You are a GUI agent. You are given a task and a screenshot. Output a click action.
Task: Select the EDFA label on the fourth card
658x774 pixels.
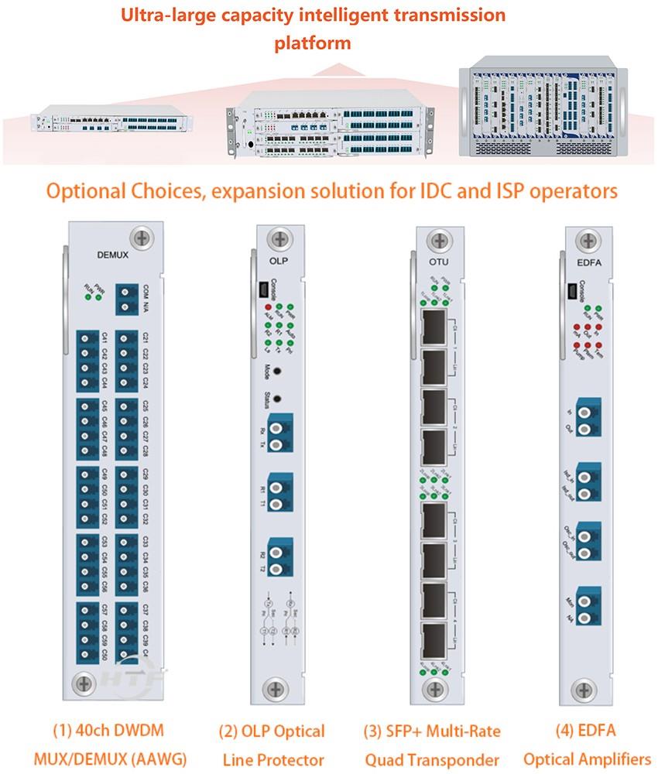[578, 262]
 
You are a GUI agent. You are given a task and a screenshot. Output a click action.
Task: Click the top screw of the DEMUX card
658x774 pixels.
[142, 237]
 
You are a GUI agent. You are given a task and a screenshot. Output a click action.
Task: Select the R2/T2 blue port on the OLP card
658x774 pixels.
[281, 554]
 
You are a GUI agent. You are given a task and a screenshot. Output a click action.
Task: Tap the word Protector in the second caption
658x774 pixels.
[295, 759]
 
